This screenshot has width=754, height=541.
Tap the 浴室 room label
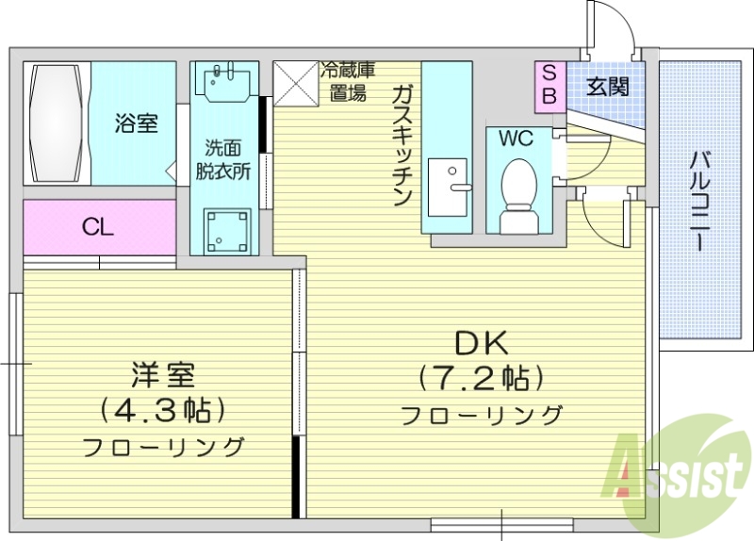point(137,123)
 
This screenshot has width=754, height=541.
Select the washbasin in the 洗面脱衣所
point(224,83)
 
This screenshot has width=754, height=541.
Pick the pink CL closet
point(99,227)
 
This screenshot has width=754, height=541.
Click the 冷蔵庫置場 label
point(346,81)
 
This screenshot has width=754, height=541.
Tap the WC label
point(516,139)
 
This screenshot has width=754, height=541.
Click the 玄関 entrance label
point(607,88)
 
